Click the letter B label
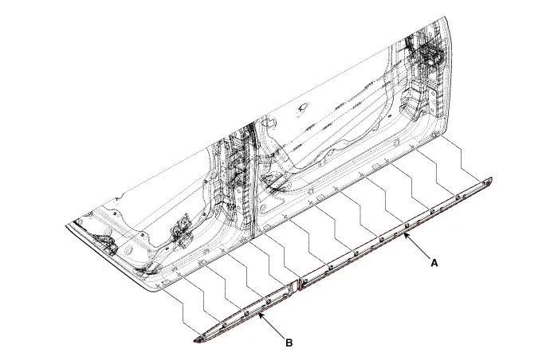coord(289,343)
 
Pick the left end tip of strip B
coord(196,341)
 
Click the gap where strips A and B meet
coord(297,284)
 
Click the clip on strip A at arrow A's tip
coord(404,226)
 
